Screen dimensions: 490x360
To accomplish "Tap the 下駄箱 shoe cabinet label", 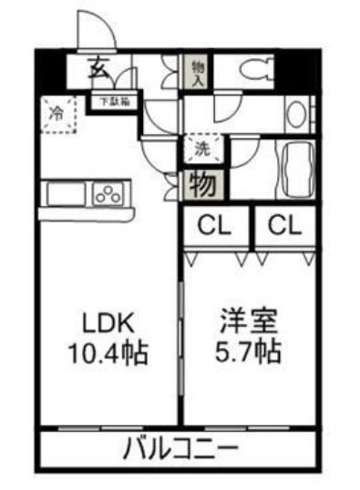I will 114,101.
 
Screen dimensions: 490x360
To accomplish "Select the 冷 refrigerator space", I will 57,115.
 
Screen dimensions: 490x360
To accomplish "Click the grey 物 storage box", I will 201,184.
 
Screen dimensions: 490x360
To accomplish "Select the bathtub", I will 296,169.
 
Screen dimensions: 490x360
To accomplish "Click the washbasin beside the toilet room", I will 296,115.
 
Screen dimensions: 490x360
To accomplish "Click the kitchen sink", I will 64,194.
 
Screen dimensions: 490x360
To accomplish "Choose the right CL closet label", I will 284,225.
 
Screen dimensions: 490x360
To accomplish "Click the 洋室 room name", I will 248,322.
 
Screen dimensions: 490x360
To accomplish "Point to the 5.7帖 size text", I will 248,351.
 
